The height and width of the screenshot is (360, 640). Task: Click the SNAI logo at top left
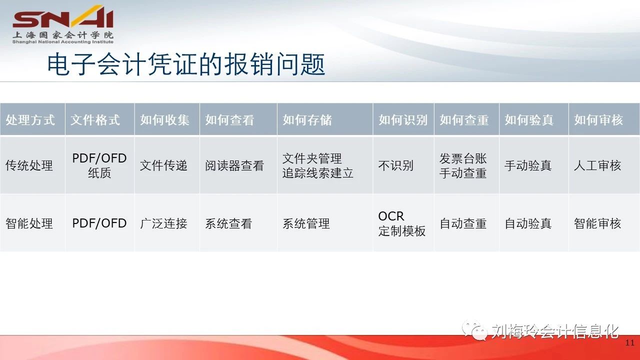click(63, 24)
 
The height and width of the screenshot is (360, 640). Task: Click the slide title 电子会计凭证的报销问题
click(186, 64)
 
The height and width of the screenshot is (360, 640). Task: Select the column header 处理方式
click(30, 119)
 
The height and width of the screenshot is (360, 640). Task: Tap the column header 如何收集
click(164, 119)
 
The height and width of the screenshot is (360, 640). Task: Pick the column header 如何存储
click(307, 119)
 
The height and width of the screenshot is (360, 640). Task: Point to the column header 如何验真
click(529, 119)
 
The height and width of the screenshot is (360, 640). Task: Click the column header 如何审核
click(598, 119)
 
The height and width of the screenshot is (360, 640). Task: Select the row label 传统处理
click(29, 165)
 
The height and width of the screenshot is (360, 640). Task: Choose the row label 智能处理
click(29, 223)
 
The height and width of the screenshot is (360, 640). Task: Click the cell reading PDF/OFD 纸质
click(99, 165)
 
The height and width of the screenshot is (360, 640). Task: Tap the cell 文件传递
click(163, 165)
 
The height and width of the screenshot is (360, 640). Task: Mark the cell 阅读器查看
click(234, 165)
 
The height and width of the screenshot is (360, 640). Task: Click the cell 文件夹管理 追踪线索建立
click(317, 165)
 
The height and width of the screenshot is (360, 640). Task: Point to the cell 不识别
click(396, 165)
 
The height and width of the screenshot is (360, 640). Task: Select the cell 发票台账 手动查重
click(463, 165)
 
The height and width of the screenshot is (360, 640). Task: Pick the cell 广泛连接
click(163, 223)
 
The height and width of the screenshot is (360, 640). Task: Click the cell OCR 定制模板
click(402, 223)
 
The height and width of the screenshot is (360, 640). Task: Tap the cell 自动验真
click(528, 223)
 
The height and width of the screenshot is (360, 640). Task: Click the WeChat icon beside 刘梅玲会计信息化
click(474, 330)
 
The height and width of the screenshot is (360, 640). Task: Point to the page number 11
click(629, 343)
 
